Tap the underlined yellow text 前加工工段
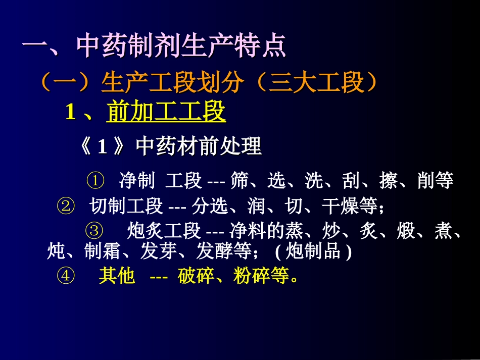pyautogui.click(x=166, y=112)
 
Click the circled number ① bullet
pyautogui.click(x=95, y=180)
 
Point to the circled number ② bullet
pyautogui.click(x=66, y=205)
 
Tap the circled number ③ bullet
pyautogui.click(x=95, y=231)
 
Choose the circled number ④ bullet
pyautogui.click(x=66, y=276)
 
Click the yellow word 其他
pyautogui.click(x=117, y=276)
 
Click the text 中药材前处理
pyautogui.click(x=199, y=147)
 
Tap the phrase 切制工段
pyautogui.click(x=126, y=205)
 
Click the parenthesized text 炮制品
pyautogui.click(x=313, y=251)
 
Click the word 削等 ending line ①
pyautogui.click(x=436, y=180)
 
